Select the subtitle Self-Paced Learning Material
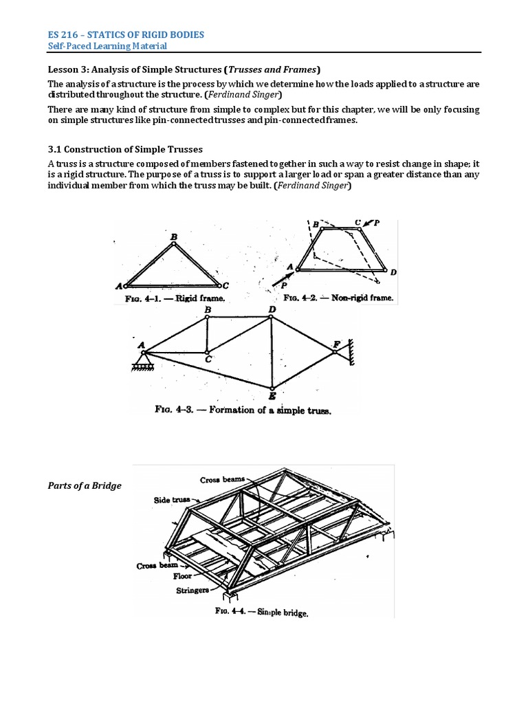(107, 45)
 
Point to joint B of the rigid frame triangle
(174, 243)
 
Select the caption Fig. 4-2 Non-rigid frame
(338, 298)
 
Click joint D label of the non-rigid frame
(393, 273)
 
